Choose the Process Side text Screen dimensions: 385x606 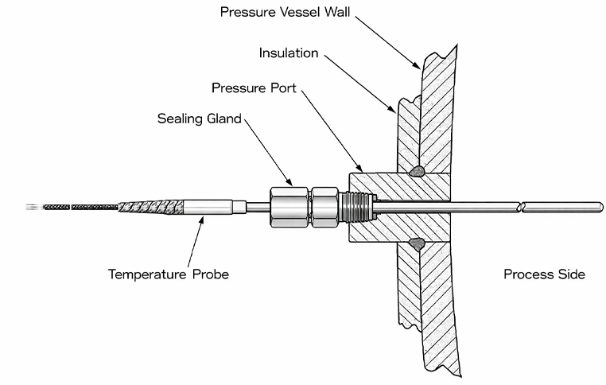[544, 274]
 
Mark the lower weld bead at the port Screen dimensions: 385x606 [417, 242]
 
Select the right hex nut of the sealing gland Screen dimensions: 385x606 [324, 204]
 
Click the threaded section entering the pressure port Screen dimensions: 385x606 [355, 205]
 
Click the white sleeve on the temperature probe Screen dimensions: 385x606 [208, 206]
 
